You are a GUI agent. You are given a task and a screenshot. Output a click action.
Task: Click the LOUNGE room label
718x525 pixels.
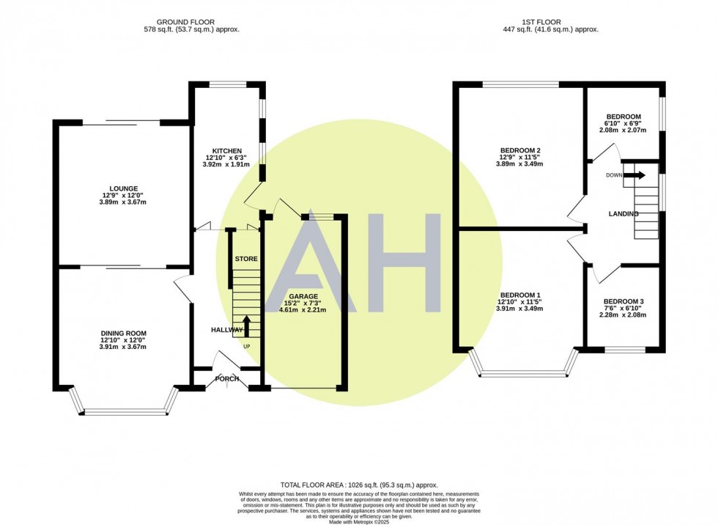click(x=123, y=188)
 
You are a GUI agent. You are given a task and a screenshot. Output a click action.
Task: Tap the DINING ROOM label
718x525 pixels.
click(x=124, y=334)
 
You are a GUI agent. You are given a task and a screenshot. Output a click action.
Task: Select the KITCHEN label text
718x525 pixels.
click(x=226, y=151)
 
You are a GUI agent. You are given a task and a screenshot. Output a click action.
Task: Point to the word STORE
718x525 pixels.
click(x=246, y=259)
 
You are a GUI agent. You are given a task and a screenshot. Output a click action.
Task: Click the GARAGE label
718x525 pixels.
click(x=303, y=296)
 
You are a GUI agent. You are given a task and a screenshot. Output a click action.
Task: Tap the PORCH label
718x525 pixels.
click(x=227, y=379)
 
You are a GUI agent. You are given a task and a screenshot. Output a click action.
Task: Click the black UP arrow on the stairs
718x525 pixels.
click(x=246, y=326)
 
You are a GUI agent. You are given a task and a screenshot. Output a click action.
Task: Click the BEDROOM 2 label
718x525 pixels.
click(x=521, y=150)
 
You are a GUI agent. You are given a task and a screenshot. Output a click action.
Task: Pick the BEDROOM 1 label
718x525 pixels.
click(x=521, y=295)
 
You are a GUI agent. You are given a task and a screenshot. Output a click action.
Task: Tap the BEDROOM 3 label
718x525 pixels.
click(x=623, y=301)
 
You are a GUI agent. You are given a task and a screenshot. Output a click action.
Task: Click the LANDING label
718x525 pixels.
click(x=623, y=214)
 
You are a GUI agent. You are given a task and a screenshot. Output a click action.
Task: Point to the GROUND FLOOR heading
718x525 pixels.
click(x=185, y=22)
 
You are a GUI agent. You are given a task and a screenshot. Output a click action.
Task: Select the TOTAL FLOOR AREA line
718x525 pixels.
click(x=359, y=485)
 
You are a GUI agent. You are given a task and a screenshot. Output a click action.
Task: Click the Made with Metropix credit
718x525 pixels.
click(x=359, y=521)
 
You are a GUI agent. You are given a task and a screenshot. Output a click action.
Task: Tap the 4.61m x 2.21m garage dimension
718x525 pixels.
click(x=303, y=309)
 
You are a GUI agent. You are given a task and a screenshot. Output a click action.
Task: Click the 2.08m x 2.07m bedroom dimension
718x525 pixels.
click(x=623, y=130)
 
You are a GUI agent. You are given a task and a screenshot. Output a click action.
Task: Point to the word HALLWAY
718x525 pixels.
click(x=227, y=330)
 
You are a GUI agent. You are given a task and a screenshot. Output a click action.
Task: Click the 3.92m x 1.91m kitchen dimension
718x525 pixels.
click(x=226, y=164)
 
